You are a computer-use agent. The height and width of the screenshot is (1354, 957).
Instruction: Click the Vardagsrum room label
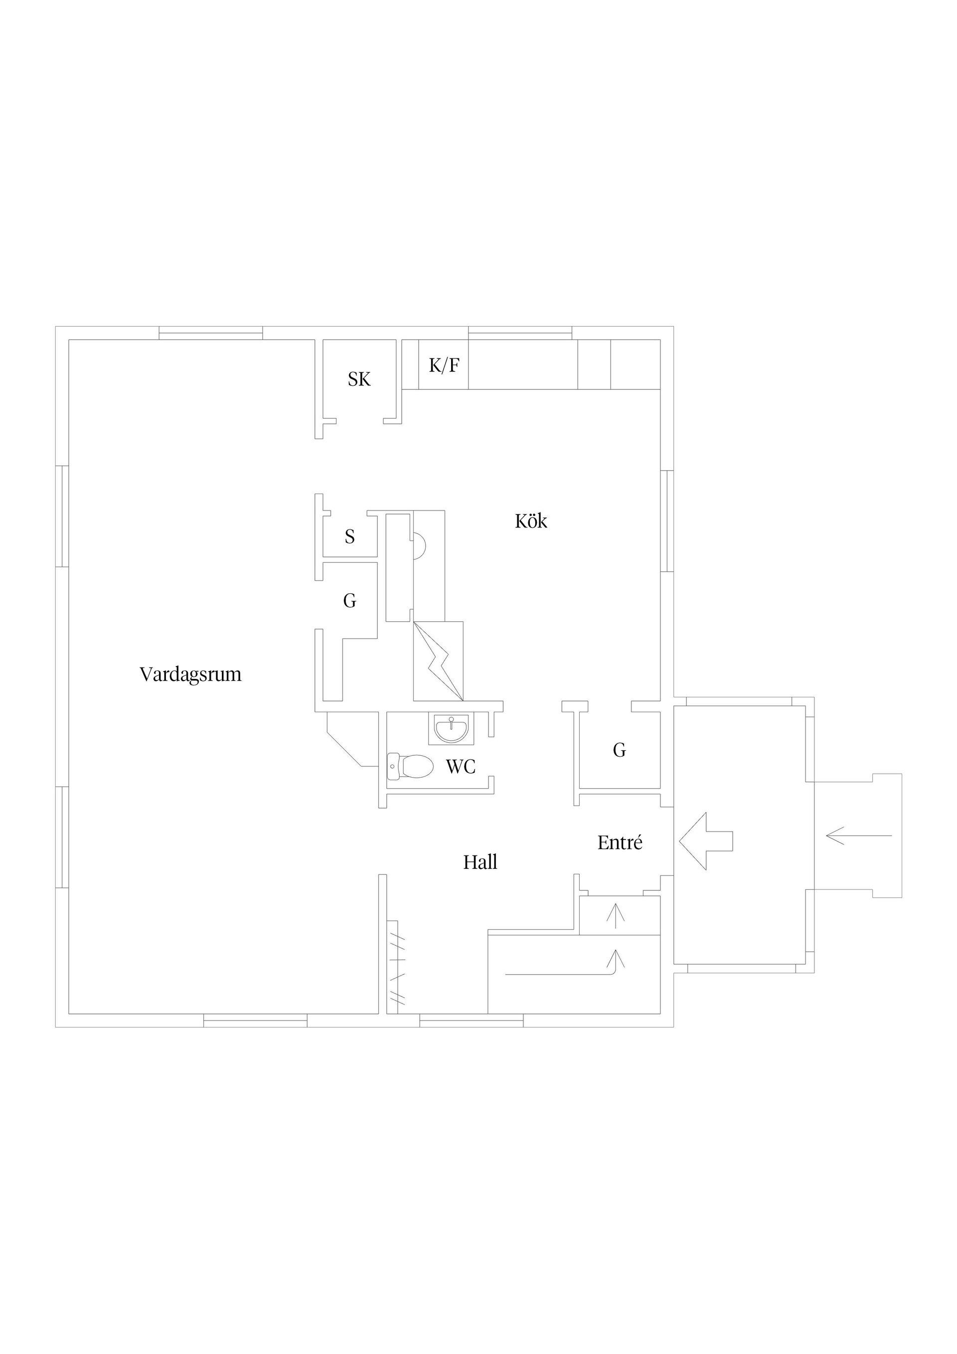pos(190,674)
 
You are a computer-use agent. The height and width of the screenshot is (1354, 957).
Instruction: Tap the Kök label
pos(531,521)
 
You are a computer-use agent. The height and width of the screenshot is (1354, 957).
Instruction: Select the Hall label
pos(480,862)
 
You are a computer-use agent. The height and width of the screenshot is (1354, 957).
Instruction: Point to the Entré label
pos(620,843)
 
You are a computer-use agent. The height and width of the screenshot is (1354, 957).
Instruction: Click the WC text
pos(461,767)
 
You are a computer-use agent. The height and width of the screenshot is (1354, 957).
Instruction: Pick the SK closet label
pos(359,379)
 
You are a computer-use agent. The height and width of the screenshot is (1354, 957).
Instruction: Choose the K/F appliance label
pos(444,365)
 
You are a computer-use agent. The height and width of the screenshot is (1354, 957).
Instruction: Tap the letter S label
pos(350,536)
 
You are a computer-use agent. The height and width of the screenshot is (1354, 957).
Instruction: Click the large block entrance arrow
pos(706,841)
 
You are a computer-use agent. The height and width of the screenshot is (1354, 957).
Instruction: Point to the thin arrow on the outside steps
pos(859,836)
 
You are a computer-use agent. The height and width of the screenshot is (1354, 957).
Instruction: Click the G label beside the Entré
pos(619,750)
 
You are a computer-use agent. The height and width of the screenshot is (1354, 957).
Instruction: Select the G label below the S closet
pos(350,601)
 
